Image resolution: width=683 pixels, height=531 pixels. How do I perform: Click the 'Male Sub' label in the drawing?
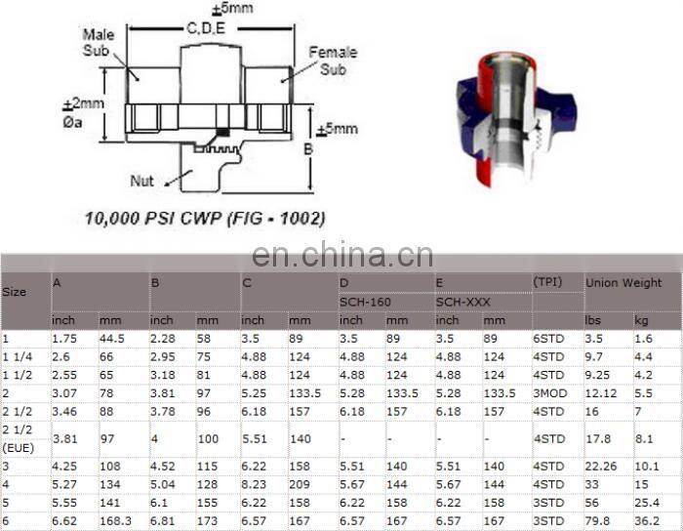(x=99, y=42)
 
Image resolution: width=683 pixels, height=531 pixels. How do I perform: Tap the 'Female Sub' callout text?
(x=333, y=61)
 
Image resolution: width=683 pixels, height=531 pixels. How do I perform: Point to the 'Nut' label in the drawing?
(x=142, y=181)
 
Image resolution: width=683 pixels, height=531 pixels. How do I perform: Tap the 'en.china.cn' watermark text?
(x=341, y=256)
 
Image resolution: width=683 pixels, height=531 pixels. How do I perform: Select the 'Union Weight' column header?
(x=623, y=283)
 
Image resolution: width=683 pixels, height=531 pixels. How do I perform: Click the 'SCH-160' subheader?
(x=365, y=302)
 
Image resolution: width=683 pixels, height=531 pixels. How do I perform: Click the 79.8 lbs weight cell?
(x=597, y=521)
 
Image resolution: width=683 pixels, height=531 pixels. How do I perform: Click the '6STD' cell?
(x=548, y=338)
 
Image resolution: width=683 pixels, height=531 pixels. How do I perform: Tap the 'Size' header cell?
(x=15, y=292)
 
